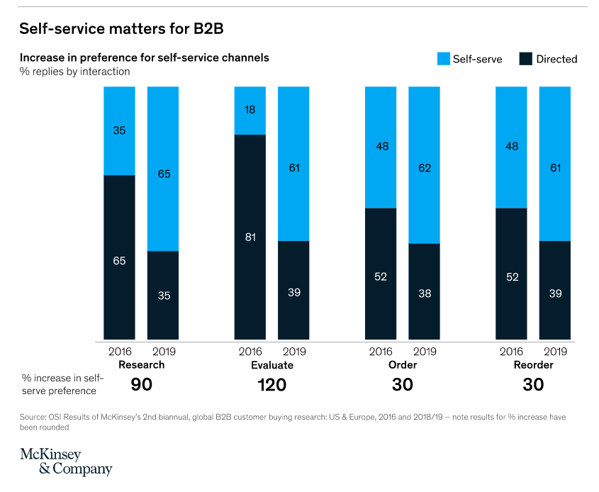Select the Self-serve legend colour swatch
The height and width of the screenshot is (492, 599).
[443, 59]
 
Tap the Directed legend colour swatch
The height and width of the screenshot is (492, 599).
[525, 59]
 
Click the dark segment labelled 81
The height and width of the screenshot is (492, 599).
[250, 237]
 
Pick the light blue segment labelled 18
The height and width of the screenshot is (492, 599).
[250, 111]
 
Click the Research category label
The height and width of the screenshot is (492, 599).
[142, 365]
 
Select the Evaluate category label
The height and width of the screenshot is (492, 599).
[271, 365]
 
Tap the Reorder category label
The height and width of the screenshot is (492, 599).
[533, 365]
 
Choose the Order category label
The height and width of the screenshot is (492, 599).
[403, 365]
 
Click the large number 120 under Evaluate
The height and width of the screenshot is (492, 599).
[271, 385]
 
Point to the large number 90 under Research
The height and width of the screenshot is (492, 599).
[142, 385]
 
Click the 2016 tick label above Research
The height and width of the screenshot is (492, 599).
[120, 351]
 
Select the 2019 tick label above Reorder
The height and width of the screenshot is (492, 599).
[555, 351]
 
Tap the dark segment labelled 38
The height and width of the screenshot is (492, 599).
[424, 292]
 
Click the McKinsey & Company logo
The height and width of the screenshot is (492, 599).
[66, 461]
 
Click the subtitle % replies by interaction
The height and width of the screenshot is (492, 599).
[75, 72]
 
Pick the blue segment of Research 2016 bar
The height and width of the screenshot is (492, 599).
[119, 130]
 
